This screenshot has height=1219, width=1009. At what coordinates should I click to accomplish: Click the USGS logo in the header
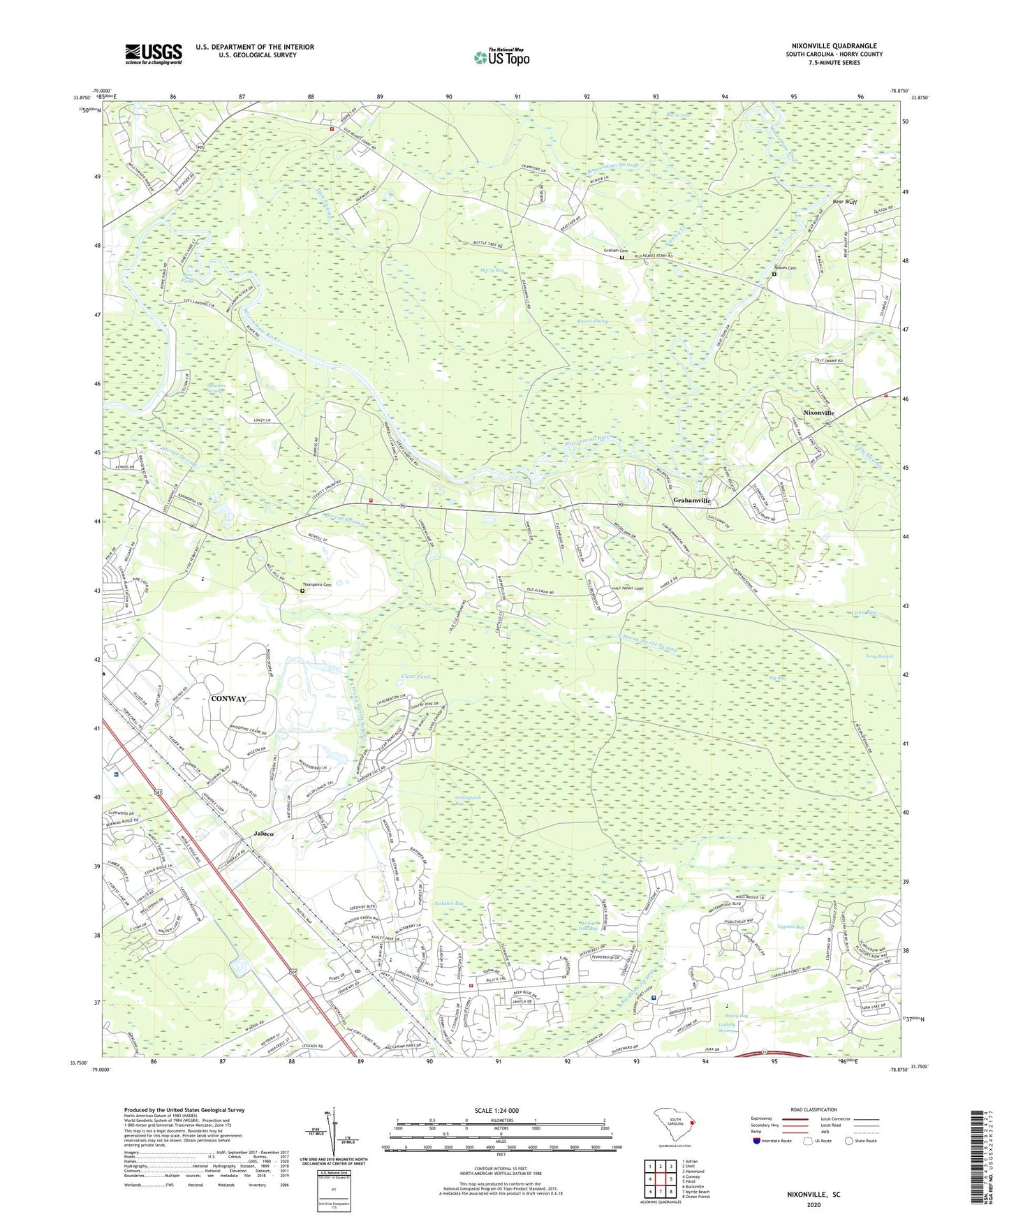(153, 54)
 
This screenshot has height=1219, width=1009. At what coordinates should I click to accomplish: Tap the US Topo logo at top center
(501, 57)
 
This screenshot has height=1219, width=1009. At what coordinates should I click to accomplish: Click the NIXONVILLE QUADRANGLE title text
(834, 46)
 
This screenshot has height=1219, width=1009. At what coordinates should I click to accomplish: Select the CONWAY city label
(228, 699)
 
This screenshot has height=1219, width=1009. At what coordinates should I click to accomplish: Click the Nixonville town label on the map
(818, 413)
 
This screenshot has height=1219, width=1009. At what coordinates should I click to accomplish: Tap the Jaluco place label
(263, 834)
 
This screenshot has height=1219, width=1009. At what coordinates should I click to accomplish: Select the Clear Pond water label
(416, 677)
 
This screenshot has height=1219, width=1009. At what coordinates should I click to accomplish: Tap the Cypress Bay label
(791, 927)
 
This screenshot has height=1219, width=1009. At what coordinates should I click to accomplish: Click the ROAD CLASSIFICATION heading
(813, 1109)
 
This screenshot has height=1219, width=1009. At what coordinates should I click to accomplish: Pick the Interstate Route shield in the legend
(758, 1141)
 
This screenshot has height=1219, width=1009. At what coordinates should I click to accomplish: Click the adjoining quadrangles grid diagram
(660, 1179)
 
